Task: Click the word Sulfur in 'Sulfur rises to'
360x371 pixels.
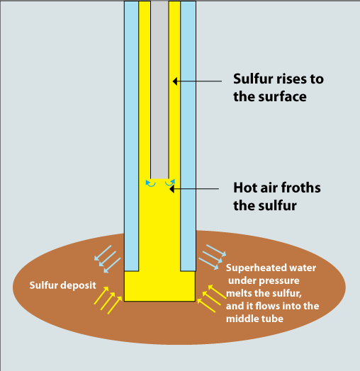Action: point(252,79)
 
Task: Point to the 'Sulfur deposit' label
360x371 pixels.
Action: point(63,285)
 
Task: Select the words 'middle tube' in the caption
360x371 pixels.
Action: point(254,319)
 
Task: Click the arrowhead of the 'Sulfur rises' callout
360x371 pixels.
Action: point(175,81)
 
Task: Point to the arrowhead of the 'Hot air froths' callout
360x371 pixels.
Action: point(172,189)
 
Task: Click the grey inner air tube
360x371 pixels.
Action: point(159,90)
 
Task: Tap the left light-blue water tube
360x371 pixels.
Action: point(131,136)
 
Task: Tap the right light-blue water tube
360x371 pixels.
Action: point(188,136)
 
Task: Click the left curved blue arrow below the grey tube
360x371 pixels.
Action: point(150,183)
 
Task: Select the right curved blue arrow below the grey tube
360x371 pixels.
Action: point(170,183)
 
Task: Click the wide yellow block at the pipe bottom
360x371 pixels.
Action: point(160,286)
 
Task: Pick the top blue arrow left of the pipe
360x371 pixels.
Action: point(103,253)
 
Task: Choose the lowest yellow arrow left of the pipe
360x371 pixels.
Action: point(115,305)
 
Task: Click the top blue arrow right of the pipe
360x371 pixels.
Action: point(216,251)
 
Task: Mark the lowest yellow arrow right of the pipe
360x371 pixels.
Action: point(206,305)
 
